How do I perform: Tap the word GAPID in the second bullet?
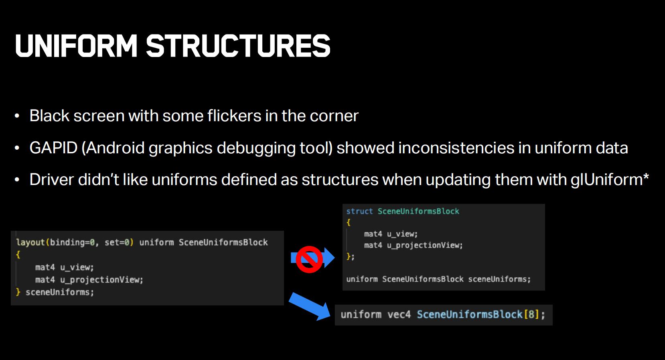click(x=53, y=148)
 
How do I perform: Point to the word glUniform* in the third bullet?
click(x=610, y=180)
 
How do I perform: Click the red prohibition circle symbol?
click(x=309, y=259)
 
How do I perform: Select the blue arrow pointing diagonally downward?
click(x=310, y=307)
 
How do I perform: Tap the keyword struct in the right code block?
click(x=359, y=211)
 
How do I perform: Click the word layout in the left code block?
click(x=30, y=243)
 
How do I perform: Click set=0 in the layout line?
click(x=117, y=242)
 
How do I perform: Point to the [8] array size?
click(x=531, y=315)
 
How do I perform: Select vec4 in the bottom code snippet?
click(x=399, y=315)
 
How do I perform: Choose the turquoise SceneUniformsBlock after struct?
click(x=418, y=211)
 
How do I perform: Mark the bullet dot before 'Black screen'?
click(x=17, y=116)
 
